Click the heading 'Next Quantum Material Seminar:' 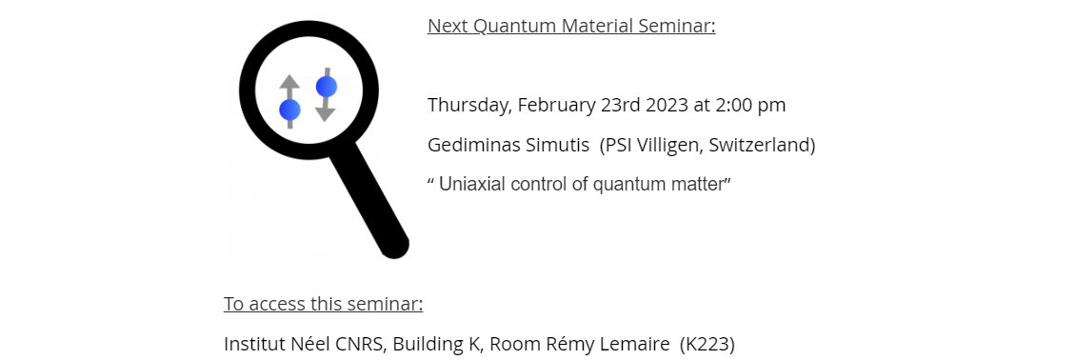pos(571,26)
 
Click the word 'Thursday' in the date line pos(467,106)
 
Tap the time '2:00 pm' pos(753,106)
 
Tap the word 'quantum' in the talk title pos(625,185)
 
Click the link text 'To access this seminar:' pos(323,305)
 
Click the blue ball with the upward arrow pos(289,110)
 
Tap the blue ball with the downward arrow pos(327,88)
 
